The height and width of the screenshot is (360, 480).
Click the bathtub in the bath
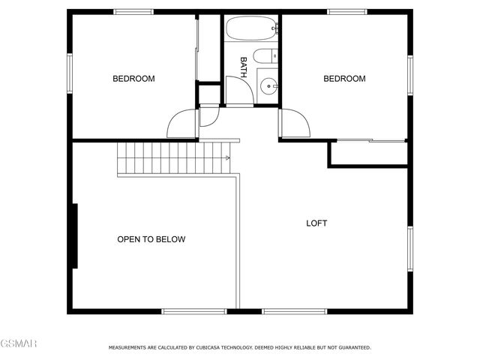pos(251,30)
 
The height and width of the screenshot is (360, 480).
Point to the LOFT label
pos(316,223)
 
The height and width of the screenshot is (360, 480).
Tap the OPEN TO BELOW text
pos(151,239)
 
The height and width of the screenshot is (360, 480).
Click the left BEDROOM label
pos(133,79)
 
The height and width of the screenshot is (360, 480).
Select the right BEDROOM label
pos(344,79)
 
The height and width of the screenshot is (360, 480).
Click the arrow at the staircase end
pos(226,158)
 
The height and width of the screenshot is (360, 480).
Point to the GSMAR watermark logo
pos(19,343)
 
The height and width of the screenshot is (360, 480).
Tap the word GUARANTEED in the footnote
pos(352,348)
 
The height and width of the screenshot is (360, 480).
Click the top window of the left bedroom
pos(134,12)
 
